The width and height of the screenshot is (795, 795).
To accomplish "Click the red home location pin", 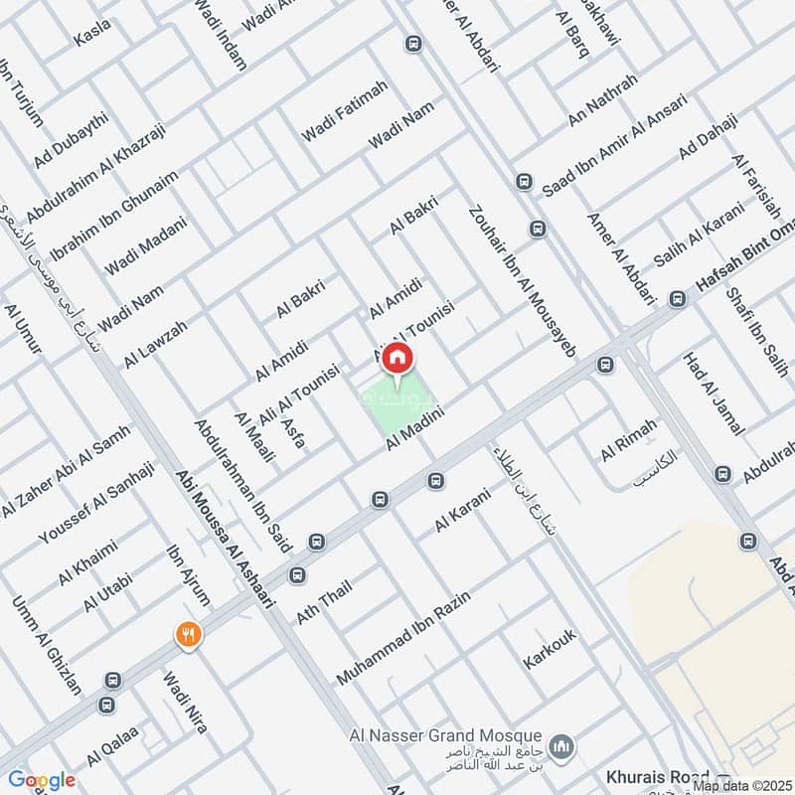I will pos(397,359).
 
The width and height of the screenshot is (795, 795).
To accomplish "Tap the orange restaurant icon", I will pos(188,634).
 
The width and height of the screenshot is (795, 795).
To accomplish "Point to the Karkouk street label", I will pos(550,648).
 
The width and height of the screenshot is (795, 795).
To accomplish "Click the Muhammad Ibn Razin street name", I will pos(401,637).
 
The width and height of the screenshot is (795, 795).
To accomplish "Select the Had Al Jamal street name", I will pos(714,394).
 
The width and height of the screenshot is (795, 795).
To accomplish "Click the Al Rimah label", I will pos(628,440).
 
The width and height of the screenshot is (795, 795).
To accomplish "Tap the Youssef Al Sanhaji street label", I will pos(96,503).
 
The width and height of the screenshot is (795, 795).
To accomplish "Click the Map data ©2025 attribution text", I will pos(741,786).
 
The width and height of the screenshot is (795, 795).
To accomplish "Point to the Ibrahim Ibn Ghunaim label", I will pos(114,215).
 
